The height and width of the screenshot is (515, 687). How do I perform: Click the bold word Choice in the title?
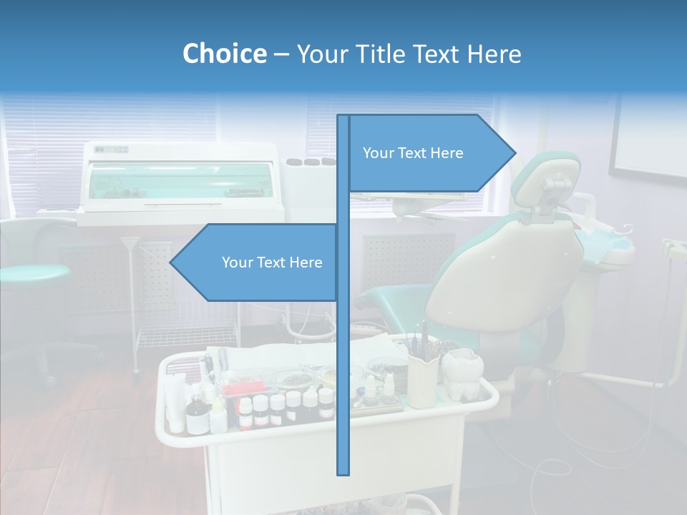coord(224,54)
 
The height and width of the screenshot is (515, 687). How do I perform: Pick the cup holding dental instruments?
coord(422,379)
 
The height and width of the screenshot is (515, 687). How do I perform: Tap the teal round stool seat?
coord(32,273)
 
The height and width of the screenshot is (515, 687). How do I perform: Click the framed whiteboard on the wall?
coord(648,139)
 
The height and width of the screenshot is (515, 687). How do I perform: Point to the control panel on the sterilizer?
coord(112,149)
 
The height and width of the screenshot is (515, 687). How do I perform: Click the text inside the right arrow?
coord(413,153)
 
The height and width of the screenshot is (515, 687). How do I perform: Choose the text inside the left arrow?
coord(272,263)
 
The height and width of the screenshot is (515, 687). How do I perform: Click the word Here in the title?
coord(494,54)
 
